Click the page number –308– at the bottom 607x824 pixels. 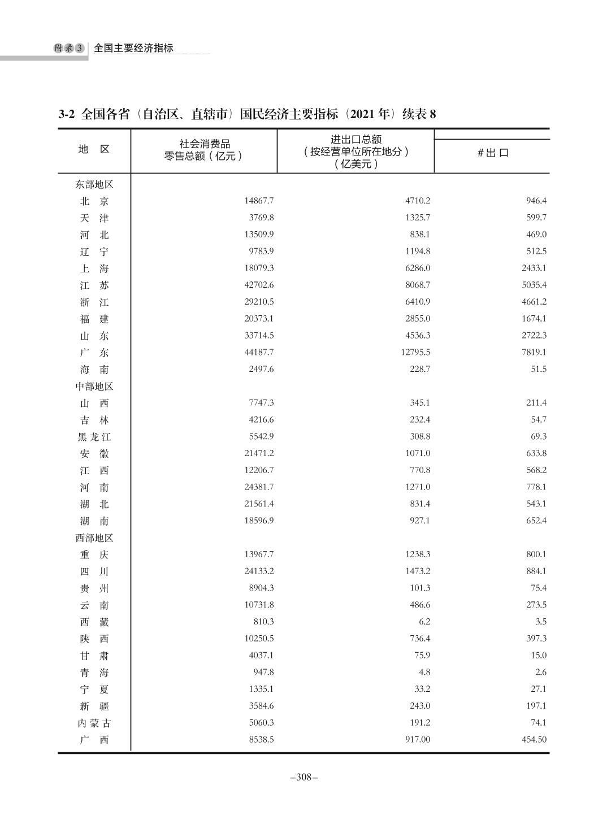click(303, 777)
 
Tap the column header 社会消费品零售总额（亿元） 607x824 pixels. click(204, 150)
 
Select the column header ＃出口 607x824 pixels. click(492, 153)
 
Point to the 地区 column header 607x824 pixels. click(94, 149)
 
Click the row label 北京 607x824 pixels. click(94, 201)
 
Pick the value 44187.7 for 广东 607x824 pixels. click(259, 352)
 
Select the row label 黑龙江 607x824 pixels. click(94, 437)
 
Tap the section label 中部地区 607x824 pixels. click(94, 387)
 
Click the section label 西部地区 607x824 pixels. click(94, 538)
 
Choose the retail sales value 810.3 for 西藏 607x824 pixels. click(263, 622)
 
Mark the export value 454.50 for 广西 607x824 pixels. click(534, 739)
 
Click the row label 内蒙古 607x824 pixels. click(94, 723)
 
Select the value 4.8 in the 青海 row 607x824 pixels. click(424, 672)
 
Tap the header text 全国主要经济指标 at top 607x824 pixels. click(133, 48)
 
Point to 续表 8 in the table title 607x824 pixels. click(419, 114)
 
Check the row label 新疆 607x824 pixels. click(94, 706)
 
